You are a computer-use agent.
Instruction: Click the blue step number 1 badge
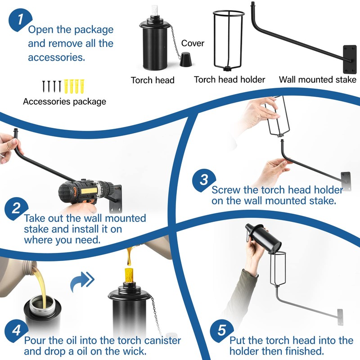pos(20,20)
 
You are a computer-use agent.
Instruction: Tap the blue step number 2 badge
pos(16,209)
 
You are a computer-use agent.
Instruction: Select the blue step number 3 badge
pos(204,180)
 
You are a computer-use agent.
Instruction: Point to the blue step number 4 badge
pos(16,331)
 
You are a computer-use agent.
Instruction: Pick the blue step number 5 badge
pos(221,331)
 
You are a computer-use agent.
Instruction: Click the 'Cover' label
pos(193,43)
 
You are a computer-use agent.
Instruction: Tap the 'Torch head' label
pos(153,80)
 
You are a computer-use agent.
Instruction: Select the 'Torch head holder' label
pos(229,80)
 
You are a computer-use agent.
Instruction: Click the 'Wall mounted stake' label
pos(318,80)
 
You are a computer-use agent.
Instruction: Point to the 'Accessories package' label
pos(64,102)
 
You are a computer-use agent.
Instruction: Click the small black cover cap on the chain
pos(185,59)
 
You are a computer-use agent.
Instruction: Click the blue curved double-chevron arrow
pos(82,282)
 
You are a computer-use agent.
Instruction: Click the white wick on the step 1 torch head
pos(154,11)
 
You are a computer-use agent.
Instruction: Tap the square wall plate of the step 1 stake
pos(350,59)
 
